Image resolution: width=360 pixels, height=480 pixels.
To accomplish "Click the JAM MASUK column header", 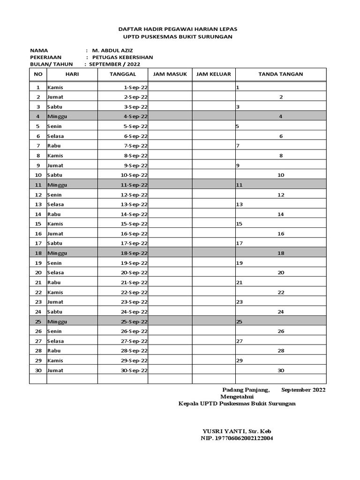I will pyautogui.click(x=170, y=74).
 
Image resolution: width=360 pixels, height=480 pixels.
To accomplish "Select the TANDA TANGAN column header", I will pyautogui.click(x=280, y=74).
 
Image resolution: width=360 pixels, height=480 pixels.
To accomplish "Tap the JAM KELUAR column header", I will pyautogui.click(x=213, y=74).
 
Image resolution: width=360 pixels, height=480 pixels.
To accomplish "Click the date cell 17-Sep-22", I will pyautogui.click(x=134, y=243).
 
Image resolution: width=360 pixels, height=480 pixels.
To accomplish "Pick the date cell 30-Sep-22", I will pyautogui.click(x=134, y=370).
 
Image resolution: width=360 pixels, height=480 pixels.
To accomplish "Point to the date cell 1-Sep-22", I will pyautogui.click(x=135, y=88).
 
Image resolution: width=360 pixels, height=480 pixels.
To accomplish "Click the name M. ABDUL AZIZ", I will pyautogui.click(x=113, y=50).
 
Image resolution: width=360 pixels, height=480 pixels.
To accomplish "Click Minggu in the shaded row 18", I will pyautogui.click(x=57, y=253).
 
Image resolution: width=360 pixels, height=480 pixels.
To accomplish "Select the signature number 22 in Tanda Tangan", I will pyautogui.click(x=281, y=292).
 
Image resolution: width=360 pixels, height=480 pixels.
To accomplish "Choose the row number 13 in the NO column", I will pyautogui.click(x=38, y=204).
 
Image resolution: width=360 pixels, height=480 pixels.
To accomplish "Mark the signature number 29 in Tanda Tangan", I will pyautogui.click(x=239, y=360).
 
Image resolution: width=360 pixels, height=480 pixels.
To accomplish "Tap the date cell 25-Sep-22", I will pyautogui.click(x=134, y=322).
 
